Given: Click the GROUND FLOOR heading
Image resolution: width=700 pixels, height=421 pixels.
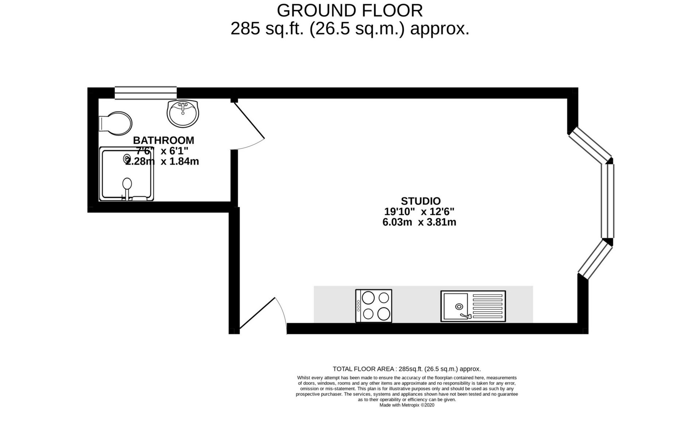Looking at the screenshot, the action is click(x=350, y=11).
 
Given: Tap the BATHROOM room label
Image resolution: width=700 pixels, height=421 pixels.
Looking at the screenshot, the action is click(x=163, y=140).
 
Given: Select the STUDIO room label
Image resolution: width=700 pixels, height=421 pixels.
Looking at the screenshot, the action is click(x=421, y=201).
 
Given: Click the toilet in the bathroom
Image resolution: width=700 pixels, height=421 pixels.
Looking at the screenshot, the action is click(x=115, y=123).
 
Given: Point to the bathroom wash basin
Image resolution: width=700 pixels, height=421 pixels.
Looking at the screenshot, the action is click(x=183, y=113).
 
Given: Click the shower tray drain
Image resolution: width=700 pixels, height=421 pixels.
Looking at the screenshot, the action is click(x=127, y=159).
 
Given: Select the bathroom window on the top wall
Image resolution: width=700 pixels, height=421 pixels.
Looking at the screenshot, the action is click(x=145, y=93).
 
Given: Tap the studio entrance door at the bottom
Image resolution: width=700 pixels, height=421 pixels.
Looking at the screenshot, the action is click(x=263, y=314).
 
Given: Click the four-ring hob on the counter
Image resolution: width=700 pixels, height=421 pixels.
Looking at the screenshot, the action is click(x=374, y=306).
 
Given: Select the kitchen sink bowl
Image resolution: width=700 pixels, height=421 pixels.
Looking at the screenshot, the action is click(x=456, y=307).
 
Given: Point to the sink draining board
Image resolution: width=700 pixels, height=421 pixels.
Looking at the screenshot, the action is click(x=487, y=306).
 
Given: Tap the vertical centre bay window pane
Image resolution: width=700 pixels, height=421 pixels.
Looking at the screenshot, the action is click(x=608, y=201).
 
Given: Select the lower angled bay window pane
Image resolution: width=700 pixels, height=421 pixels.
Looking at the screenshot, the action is click(x=594, y=260).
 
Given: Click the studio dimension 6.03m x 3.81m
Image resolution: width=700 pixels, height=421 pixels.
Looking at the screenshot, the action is click(x=419, y=222).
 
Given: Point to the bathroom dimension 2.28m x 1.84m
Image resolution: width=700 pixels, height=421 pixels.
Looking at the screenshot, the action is click(x=162, y=161).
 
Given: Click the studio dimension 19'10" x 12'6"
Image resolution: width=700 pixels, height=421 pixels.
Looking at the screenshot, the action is click(x=419, y=211).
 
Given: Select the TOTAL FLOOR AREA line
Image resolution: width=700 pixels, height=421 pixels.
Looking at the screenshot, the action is click(x=407, y=369).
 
